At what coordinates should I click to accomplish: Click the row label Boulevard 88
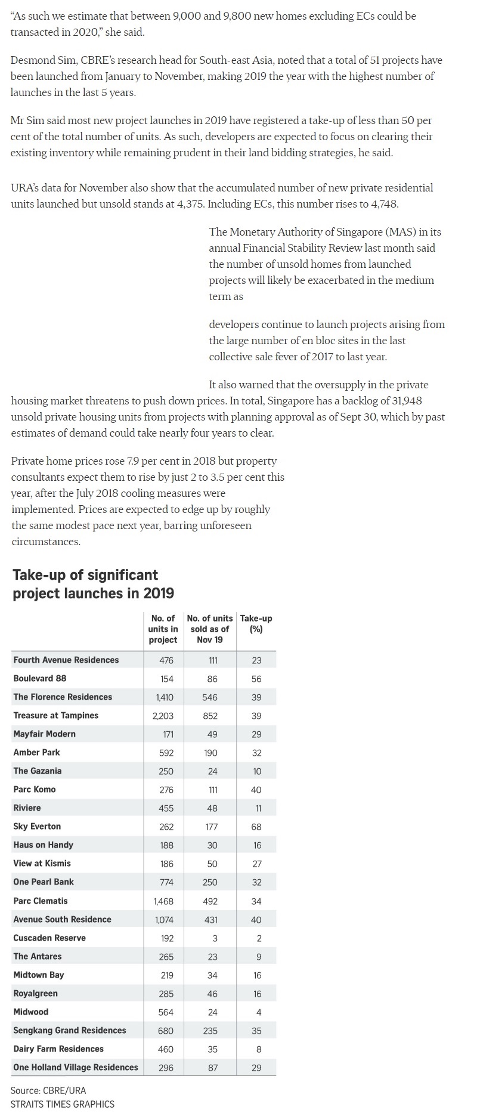tap(40, 678)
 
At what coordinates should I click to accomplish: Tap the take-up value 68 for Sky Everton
tap(256, 827)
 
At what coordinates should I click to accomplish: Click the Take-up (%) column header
tap(256, 623)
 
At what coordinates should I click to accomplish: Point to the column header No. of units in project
tap(163, 629)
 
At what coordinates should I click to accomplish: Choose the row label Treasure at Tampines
tap(55, 715)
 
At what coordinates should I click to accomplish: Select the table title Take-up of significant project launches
tap(93, 584)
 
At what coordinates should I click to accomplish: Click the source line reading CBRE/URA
tap(48, 1090)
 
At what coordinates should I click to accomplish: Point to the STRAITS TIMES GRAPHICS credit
tap(62, 1104)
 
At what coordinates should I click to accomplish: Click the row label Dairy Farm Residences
tap(58, 1049)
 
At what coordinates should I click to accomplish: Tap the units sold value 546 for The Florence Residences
tap(210, 697)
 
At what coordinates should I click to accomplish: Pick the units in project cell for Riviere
tap(166, 808)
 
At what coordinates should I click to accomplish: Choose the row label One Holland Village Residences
tap(76, 1067)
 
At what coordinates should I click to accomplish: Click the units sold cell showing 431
tap(211, 920)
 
